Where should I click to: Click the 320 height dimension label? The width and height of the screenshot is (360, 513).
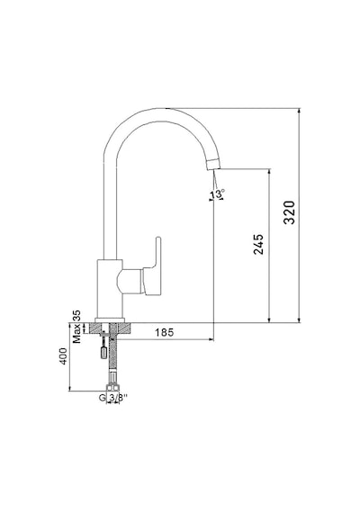coord(289,212)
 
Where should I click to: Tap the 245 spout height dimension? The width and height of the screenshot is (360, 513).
coord(258,244)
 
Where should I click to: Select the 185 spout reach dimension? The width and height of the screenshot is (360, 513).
coord(165,332)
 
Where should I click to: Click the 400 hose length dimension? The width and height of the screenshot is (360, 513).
coord(63,356)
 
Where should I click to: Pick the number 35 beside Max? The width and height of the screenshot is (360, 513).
coord(76,316)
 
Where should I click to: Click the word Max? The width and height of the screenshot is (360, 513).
coord(76,333)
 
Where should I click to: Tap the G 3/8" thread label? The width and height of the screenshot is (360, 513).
coord(112,398)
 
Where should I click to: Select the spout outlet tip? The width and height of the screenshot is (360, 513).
coord(213,164)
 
